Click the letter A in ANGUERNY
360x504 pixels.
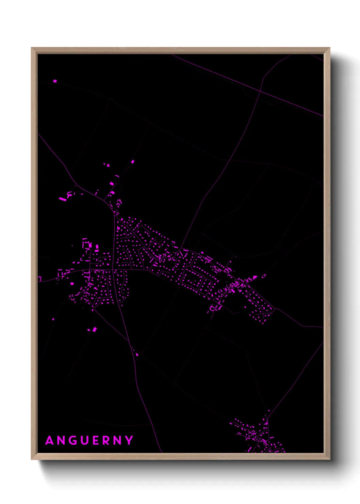click(x=50, y=440)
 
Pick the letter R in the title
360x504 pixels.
click(x=106, y=440)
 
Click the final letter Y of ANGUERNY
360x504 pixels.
click(x=129, y=440)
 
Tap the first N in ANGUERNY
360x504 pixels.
click(x=61, y=440)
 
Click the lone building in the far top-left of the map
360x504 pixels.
click(x=55, y=81)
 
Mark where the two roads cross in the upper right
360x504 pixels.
click(x=260, y=91)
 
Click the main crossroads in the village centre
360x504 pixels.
click(x=114, y=270)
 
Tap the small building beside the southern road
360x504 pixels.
click(x=137, y=355)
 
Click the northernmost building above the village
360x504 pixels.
click(x=133, y=161)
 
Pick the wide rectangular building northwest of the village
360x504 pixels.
click(x=62, y=199)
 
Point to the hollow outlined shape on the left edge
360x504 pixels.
click(x=39, y=279)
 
